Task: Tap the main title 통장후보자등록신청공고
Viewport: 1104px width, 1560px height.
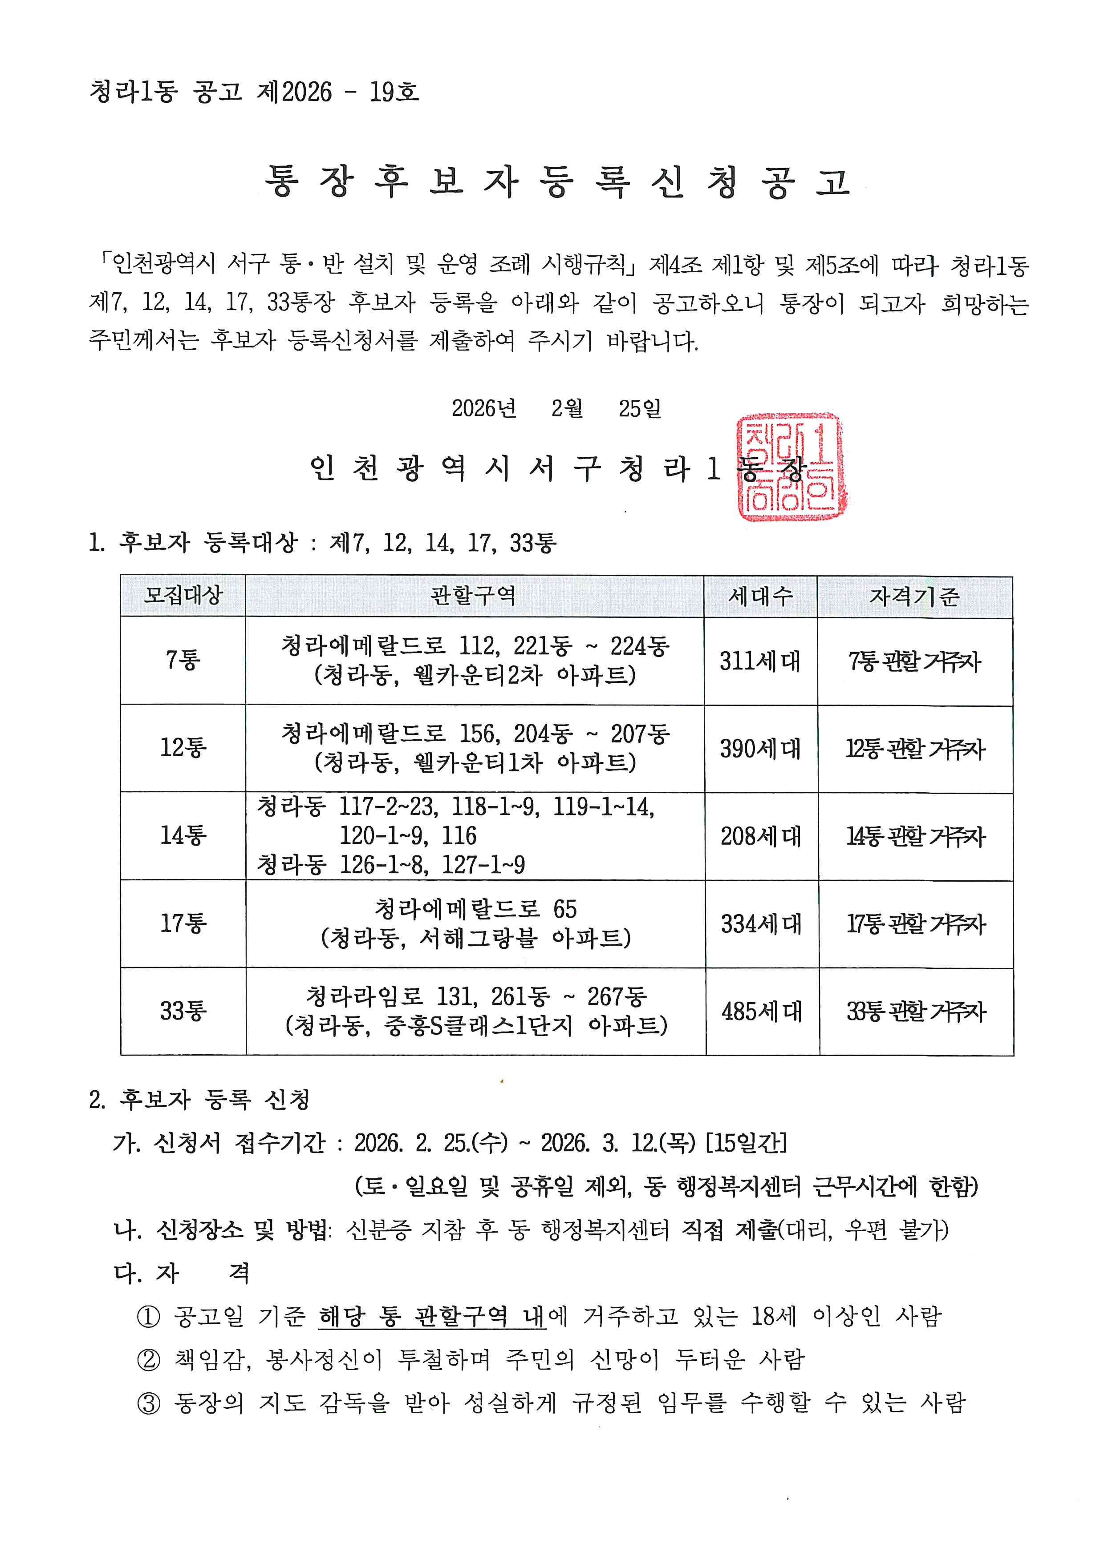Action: [x=557, y=182]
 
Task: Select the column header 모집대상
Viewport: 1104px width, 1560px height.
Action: [x=183, y=596]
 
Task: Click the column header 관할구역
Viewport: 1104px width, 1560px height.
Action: [x=474, y=596]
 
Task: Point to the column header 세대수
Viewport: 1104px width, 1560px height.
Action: [x=760, y=596]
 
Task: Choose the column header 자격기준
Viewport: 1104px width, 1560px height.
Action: [x=914, y=596]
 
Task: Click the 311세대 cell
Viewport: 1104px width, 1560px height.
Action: [x=760, y=661]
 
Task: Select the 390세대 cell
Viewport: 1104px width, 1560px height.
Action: [x=760, y=748]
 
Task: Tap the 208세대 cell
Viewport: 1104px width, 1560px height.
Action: [x=761, y=836]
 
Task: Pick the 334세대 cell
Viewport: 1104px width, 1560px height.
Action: [x=761, y=923]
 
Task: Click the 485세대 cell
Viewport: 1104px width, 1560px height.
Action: [x=761, y=1011]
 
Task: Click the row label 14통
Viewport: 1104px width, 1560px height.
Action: [x=183, y=835]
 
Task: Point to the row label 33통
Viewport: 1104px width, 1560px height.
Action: [x=183, y=1010]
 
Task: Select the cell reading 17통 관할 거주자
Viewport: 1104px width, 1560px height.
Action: [x=916, y=923]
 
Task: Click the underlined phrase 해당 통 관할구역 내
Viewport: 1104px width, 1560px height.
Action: [x=432, y=1316]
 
